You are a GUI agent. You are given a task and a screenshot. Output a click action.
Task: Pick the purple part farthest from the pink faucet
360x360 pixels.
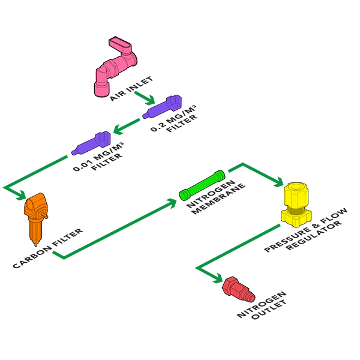coord(91,145)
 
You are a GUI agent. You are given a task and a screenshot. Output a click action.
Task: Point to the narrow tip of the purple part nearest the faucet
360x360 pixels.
coord(145,115)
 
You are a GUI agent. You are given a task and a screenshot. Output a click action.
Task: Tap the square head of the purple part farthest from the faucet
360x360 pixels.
coord(103,139)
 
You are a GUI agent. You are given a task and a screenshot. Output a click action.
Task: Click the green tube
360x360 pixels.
coord(202,185)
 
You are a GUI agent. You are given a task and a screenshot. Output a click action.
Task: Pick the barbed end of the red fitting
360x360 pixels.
coord(247,296)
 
